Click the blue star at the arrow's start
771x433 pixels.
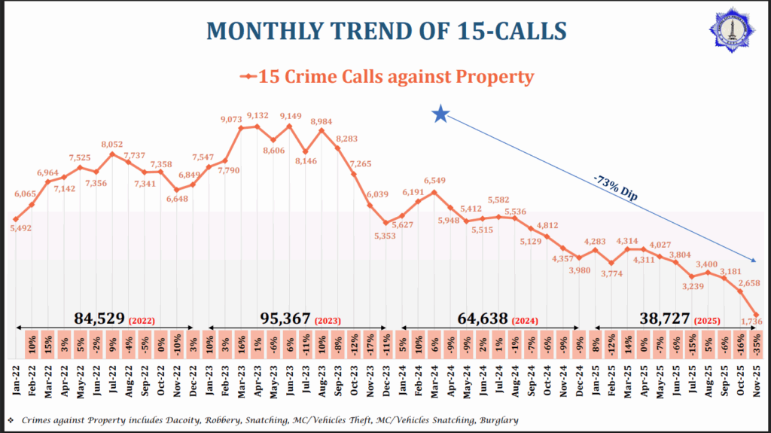pos(441,114)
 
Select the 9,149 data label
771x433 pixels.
pos(289,116)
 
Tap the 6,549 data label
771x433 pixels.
pos(434,181)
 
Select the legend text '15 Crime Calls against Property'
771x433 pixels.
pos(396,76)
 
